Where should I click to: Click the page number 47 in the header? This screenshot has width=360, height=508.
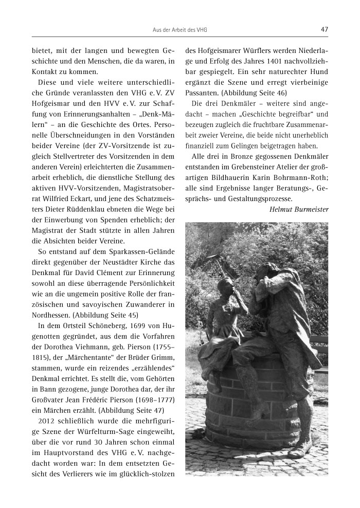coord(324,30)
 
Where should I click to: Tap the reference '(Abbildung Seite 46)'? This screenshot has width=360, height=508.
coord(251,92)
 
